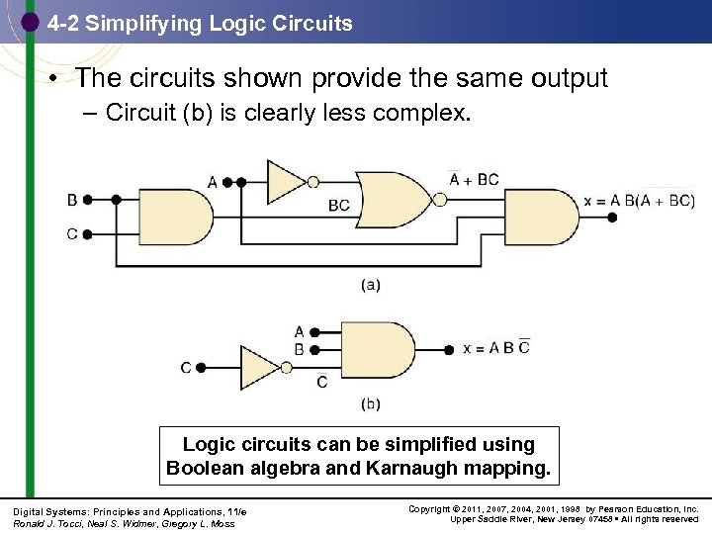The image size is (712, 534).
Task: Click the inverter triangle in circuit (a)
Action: (x=286, y=182)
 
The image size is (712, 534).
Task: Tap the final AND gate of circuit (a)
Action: (x=551, y=217)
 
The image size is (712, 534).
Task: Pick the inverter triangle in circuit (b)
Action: (x=260, y=368)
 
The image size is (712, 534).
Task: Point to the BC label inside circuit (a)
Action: (x=339, y=206)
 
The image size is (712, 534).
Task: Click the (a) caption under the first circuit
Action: (x=369, y=285)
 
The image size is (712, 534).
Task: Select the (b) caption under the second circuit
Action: (x=369, y=403)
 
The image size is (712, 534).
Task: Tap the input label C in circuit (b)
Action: (x=186, y=368)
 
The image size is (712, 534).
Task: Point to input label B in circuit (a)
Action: (x=71, y=200)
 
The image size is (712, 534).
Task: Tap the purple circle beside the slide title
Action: (x=30, y=22)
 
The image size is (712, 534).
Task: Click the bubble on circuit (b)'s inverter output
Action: (x=288, y=368)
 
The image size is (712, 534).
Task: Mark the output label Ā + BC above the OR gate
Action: (x=474, y=179)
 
